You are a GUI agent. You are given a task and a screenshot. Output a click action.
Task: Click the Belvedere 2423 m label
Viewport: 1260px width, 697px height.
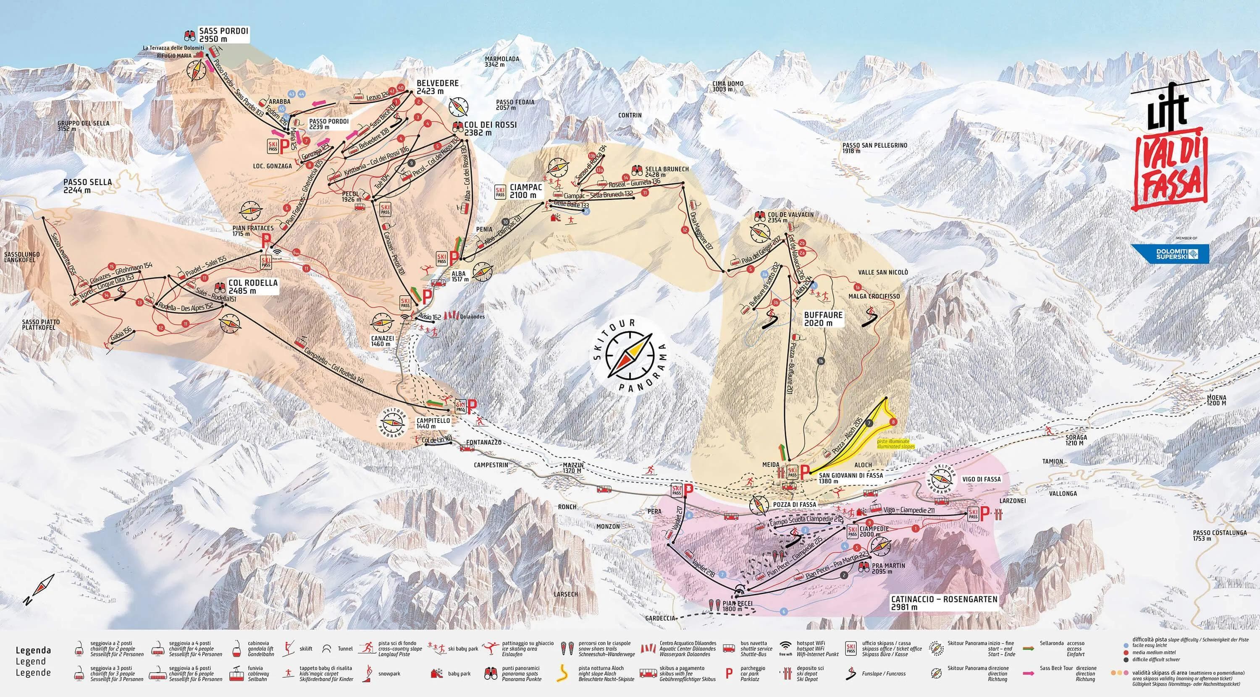[x=437, y=87]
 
